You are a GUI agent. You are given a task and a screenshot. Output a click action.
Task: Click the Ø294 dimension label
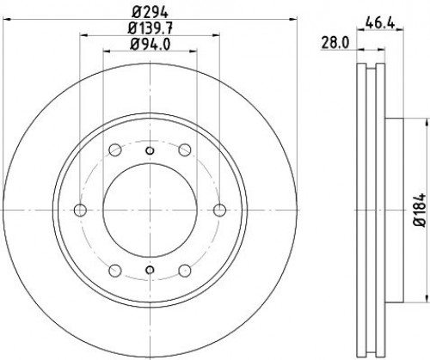click(x=150, y=12)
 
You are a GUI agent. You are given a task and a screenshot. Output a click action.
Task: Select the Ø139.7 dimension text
click(x=150, y=28)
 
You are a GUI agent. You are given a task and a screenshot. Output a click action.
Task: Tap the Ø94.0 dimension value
click(x=150, y=45)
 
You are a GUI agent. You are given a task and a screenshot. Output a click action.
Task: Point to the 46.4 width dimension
click(x=380, y=23)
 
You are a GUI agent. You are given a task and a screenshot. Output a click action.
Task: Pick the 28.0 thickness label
click(x=335, y=44)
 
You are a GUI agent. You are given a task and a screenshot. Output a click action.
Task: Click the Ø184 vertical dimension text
click(x=420, y=211)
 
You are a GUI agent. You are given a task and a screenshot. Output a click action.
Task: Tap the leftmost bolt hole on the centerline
click(x=80, y=210)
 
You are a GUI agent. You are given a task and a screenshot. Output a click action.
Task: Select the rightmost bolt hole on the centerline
click(x=220, y=210)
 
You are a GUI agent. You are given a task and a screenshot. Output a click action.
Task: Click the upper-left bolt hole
click(x=115, y=149)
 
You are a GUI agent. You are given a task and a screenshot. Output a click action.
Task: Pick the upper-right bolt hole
click(x=185, y=149)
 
